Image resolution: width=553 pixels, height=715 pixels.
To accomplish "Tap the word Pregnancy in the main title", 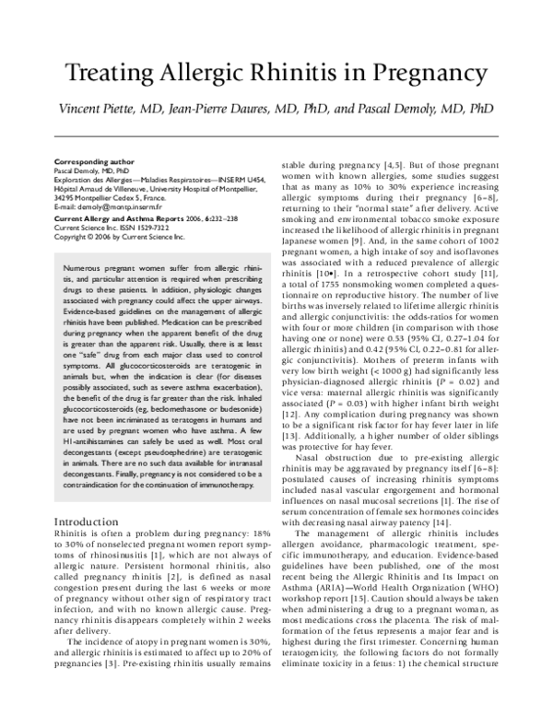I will pyautogui.click(x=432, y=74).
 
